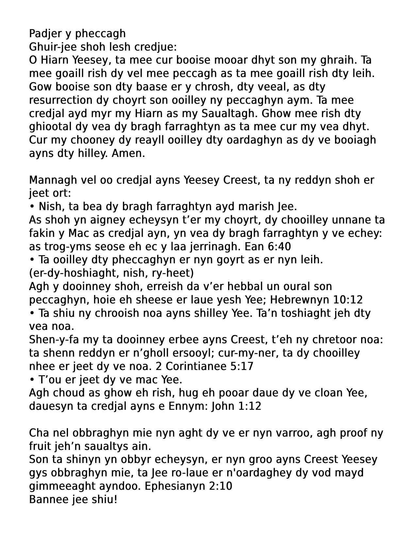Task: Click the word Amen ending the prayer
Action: pyautogui.click(x=128, y=153)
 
